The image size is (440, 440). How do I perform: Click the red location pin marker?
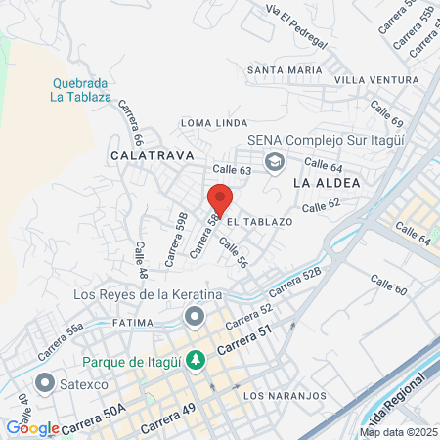tap(220, 198)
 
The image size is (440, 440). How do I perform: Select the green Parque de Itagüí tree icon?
tap(196, 361)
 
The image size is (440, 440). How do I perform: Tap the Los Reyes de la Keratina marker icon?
tap(195, 316)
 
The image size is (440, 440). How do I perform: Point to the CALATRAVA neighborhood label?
tap(152, 155)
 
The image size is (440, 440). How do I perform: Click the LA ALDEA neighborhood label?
tap(327, 183)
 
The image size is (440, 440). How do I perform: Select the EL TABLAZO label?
tap(260, 223)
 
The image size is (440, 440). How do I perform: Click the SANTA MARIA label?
tap(285, 70)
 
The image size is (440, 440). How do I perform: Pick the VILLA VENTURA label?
tap(375, 79)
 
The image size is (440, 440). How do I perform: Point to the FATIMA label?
tap(107, 321)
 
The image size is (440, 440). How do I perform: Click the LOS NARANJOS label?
tap(281, 396)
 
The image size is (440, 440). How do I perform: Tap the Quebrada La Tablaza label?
tap(78, 89)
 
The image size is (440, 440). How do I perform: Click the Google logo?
tap(33, 427)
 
